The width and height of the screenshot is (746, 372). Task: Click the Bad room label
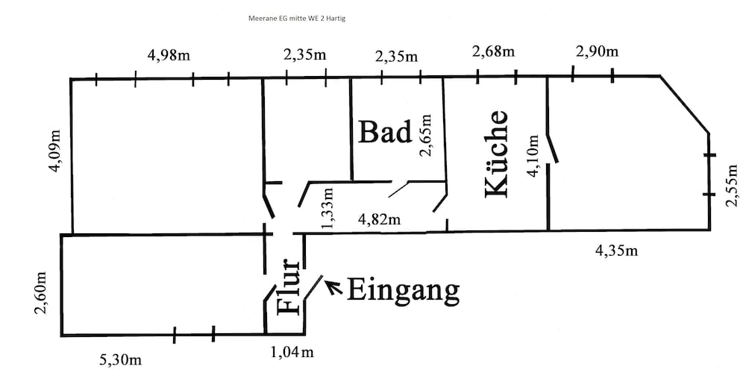384,132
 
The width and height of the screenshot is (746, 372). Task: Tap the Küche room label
497,154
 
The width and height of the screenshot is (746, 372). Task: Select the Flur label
288,287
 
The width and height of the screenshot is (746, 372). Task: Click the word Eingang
404,290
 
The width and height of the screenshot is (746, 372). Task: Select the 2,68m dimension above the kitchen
493,51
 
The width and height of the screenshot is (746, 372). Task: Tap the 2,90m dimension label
597,51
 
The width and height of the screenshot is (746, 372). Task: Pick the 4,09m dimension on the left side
57,151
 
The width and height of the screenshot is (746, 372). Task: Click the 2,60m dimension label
40,294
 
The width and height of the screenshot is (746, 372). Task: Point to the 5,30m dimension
120,359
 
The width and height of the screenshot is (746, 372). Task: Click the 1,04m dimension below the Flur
292,352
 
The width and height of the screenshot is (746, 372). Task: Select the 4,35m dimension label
617,250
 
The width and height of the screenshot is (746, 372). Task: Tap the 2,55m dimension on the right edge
731,186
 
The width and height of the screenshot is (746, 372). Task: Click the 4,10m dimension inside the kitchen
533,156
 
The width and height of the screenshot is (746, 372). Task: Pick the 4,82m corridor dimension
379,219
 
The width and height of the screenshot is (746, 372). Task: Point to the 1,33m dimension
327,207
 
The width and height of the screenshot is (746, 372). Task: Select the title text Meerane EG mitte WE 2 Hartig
296,19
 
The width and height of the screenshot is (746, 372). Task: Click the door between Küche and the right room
552,148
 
